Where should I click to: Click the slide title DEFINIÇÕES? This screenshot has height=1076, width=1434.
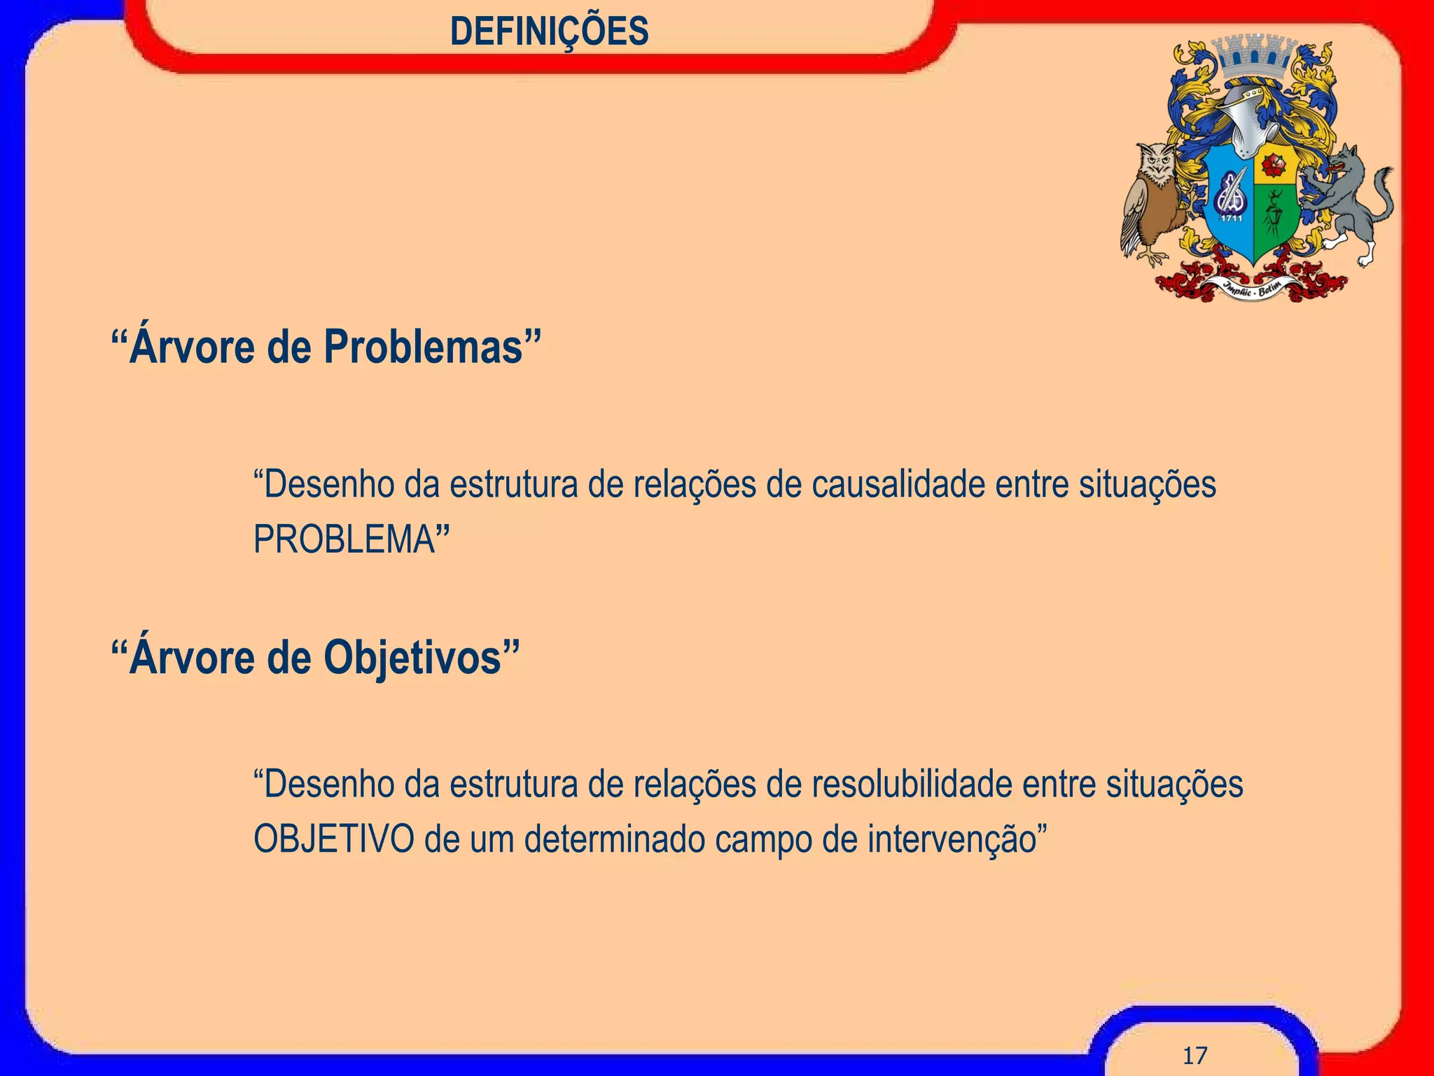click(x=550, y=32)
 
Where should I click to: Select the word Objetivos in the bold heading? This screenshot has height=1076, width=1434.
click(x=412, y=658)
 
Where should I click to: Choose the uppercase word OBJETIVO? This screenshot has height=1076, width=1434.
click(x=333, y=839)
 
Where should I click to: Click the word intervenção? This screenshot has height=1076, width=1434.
click(x=952, y=840)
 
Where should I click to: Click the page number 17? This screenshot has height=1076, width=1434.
click(x=1195, y=1055)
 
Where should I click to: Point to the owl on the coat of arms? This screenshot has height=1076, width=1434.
click(x=1152, y=200)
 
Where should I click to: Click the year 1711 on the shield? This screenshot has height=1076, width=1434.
click(x=1232, y=219)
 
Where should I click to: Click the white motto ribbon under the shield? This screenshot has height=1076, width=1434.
click(x=1253, y=287)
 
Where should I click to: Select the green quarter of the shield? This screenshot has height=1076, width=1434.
click(x=1274, y=217)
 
